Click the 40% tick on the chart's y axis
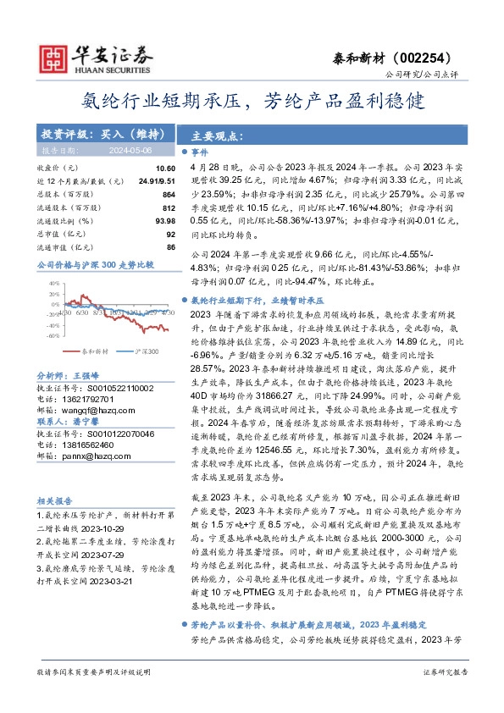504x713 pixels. tap(54, 284)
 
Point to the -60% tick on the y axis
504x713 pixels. tap(53, 335)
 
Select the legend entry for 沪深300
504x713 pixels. tap(147, 351)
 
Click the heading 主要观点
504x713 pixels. tap(218, 135)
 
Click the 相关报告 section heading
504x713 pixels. tap(55, 501)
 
